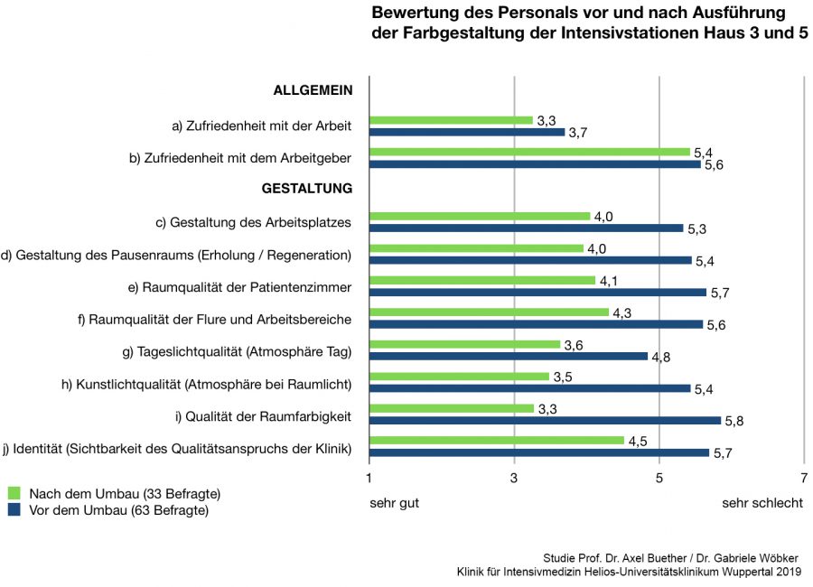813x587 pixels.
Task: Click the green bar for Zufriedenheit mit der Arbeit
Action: point(452,120)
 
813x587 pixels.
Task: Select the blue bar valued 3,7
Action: point(467,132)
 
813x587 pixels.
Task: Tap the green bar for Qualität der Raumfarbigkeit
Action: point(452,408)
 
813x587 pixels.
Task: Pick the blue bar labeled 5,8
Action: point(546,420)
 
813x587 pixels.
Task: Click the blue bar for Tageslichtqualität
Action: point(509,356)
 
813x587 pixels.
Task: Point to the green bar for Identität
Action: point(497,440)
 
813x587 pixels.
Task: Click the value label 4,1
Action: point(611,281)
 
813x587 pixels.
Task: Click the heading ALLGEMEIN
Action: point(312,90)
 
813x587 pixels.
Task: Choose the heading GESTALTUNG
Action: point(306,189)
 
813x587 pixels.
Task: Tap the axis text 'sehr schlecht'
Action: point(762,503)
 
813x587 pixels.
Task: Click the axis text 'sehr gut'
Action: point(394,503)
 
